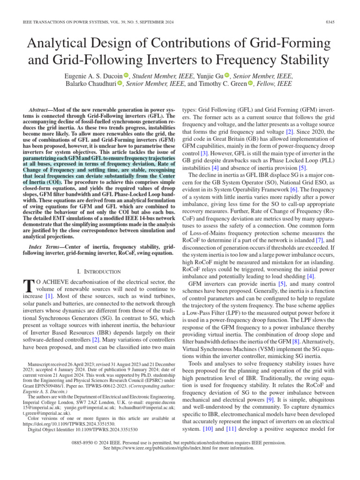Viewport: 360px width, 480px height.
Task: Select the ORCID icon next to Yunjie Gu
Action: tap(227, 75)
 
